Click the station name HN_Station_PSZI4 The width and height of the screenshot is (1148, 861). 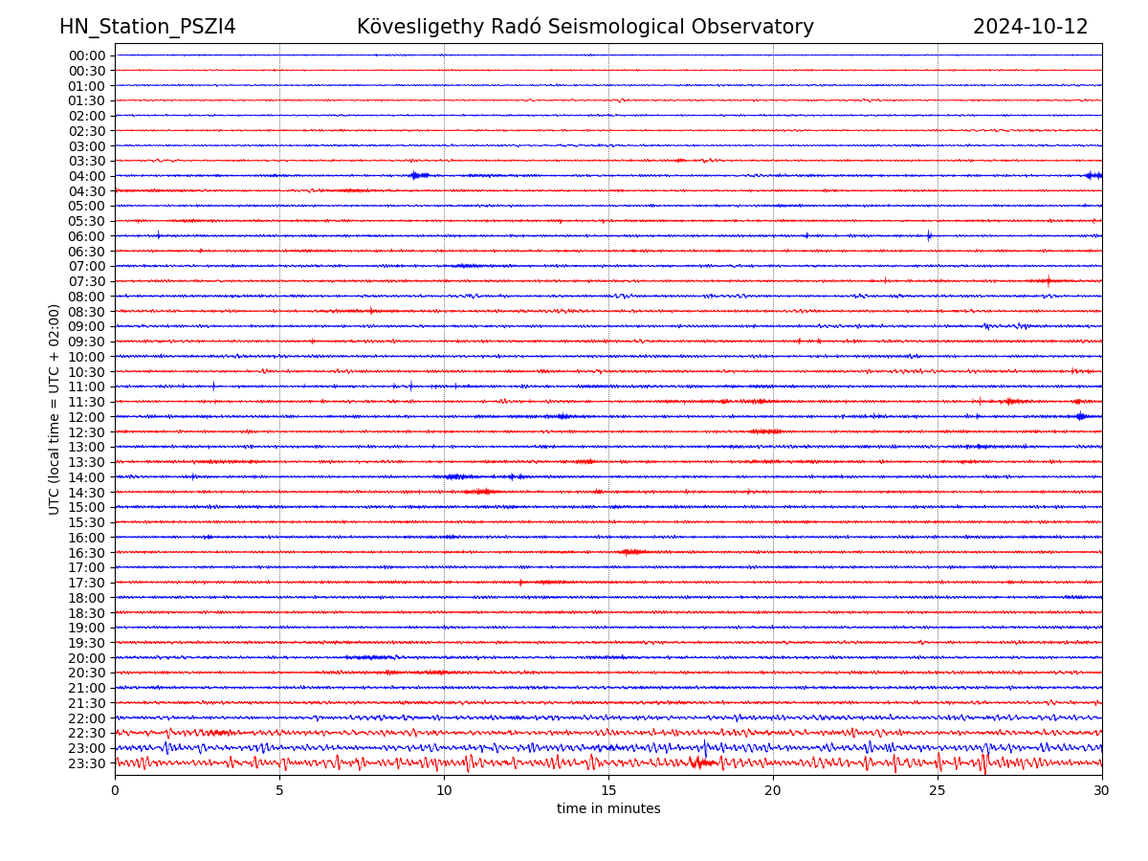pos(147,28)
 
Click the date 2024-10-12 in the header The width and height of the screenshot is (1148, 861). pos(1030,28)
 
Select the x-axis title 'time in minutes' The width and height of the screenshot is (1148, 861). pos(608,809)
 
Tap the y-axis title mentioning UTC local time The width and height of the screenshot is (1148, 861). pos(55,408)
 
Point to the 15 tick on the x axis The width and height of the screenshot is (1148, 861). pos(608,791)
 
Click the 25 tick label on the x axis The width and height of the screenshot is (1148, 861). pos(938,791)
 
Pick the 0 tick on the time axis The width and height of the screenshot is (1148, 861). pos(115,791)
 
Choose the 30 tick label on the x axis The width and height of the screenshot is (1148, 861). pos(1102,791)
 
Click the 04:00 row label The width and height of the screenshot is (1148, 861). pos(86,176)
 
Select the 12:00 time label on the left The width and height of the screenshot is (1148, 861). pos(86,417)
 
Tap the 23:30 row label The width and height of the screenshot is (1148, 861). pos(86,763)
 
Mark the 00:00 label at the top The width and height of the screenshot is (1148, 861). pos(86,55)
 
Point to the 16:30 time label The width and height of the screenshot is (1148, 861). pos(86,553)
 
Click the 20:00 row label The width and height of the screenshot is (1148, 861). pos(86,658)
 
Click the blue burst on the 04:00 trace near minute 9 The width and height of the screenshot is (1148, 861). pos(416,175)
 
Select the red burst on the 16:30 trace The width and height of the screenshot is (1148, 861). pos(631,552)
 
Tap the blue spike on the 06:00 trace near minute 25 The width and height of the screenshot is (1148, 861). pos(929,235)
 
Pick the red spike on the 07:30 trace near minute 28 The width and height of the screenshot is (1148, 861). pos(1049,281)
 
